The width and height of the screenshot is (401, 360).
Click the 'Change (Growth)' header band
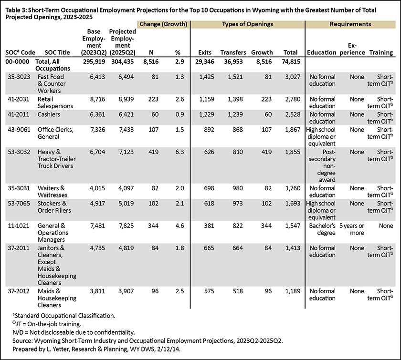click(163, 24)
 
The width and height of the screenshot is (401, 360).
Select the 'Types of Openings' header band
click(247, 24)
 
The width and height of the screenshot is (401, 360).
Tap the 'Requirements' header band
click(350, 24)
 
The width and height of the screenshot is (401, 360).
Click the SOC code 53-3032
click(19, 152)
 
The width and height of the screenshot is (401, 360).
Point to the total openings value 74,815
click(291, 62)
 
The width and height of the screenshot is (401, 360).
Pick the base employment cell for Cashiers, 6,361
click(97, 114)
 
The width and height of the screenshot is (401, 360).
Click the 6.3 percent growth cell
click(179, 152)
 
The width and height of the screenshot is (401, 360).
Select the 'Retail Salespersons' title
click(55, 103)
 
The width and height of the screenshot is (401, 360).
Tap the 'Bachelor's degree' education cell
click(322, 229)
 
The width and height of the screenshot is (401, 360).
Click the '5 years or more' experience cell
click(352, 229)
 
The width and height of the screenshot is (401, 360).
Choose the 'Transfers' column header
click(233, 52)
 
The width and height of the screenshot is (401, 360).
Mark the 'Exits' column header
click(205, 52)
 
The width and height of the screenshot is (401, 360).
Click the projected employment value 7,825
click(126, 226)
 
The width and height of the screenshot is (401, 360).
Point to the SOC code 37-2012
click(19, 291)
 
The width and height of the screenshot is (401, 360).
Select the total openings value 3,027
click(293, 77)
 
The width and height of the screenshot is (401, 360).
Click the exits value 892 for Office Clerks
click(209, 130)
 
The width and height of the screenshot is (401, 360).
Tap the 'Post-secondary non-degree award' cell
click(322, 166)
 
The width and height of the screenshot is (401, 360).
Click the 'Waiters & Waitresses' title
click(53, 192)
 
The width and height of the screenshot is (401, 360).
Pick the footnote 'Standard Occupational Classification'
click(64, 316)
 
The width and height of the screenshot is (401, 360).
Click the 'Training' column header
click(381, 52)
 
